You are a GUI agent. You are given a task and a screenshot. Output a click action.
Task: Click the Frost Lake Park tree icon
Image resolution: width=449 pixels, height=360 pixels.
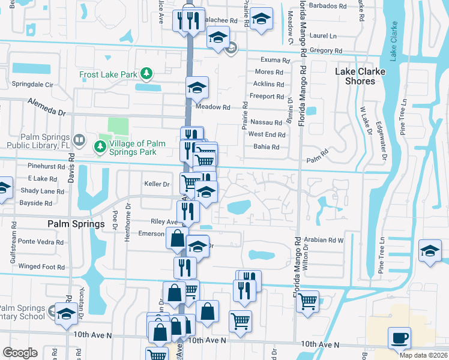click(x=146, y=74)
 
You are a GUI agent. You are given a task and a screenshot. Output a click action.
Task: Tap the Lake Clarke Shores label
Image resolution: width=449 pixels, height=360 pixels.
click(x=360, y=76)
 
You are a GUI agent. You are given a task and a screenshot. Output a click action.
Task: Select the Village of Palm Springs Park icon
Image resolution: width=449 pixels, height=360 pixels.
click(x=98, y=146)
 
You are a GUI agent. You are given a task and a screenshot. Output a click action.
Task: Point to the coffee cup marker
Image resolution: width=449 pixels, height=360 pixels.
click(x=399, y=338)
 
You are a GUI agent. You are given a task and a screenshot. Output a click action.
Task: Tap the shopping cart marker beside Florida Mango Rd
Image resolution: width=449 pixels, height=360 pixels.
click(x=307, y=301)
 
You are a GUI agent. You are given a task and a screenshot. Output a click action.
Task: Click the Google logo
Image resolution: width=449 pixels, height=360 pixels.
click(x=20, y=353)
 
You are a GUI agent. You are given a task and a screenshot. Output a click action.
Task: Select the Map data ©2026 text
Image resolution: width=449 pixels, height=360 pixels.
click(x=423, y=355)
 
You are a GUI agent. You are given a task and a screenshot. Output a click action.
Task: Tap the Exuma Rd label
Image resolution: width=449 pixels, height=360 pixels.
click(x=272, y=60)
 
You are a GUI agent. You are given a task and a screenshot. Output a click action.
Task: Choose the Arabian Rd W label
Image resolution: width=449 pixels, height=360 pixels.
click(x=323, y=240)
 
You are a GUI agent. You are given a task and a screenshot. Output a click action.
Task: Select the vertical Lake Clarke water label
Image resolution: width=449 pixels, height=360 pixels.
click(x=393, y=41)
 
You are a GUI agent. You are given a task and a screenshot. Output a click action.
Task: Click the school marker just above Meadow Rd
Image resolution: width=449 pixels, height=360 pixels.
click(x=196, y=88)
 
